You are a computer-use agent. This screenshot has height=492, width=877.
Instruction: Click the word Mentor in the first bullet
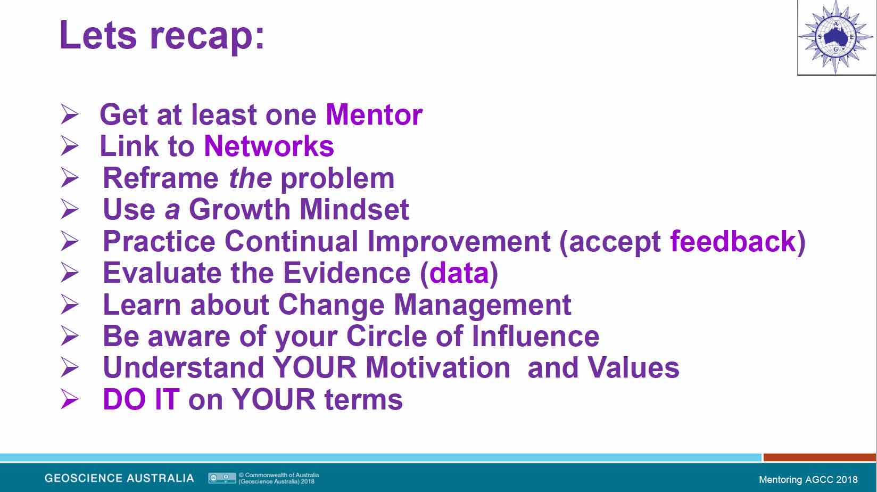(374, 115)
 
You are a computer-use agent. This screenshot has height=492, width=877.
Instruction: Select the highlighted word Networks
(269, 146)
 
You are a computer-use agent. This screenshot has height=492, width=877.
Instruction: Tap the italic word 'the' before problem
(250, 178)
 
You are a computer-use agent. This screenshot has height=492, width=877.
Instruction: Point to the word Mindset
(354, 210)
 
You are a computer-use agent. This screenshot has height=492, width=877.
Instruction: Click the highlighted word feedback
(733, 241)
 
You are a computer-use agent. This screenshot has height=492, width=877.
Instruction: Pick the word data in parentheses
(459, 273)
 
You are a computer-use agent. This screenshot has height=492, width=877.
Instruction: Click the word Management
(482, 305)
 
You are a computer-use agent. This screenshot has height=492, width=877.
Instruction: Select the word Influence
(535, 337)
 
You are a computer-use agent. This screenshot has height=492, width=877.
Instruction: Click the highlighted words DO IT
(142, 399)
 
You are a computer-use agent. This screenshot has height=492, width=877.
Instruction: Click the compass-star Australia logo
(835, 37)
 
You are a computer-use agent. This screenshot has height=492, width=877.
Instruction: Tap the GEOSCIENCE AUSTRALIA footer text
(119, 478)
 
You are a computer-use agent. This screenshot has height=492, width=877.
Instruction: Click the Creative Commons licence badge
(222, 478)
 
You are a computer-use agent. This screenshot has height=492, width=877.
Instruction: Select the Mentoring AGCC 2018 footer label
(808, 479)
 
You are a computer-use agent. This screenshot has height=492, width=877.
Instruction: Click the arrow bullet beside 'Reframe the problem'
(70, 178)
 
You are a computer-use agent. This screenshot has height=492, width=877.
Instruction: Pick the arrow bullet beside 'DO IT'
(70, 399)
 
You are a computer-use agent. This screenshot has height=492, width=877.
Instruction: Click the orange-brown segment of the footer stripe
(820, 457)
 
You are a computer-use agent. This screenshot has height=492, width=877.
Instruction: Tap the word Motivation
(438, 368)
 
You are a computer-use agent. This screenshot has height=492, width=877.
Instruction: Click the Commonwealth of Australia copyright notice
(279, 478)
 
